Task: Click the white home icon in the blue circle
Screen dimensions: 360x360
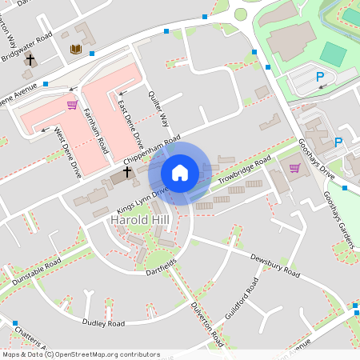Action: (x=179, y=173)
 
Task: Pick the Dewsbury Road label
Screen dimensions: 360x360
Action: (x=274, y=266)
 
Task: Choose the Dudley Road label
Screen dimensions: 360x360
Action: (x=104, y=323)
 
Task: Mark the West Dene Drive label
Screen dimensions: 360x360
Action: (x=67, y=152)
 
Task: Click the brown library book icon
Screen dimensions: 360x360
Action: (x=76, y=50)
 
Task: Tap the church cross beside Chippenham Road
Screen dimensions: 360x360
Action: (x=127, y=172)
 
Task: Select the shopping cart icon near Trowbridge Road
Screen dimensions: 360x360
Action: (x=295, y=168)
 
